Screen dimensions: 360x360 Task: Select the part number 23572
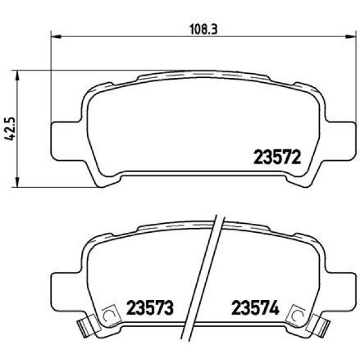coord(277,157)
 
